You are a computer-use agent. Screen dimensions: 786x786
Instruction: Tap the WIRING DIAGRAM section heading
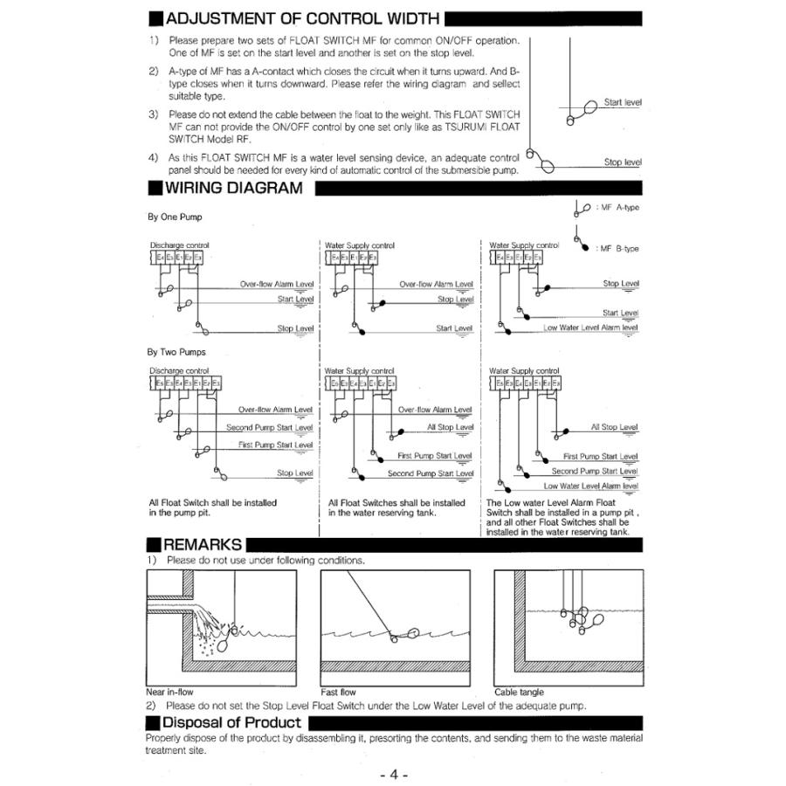[x=233, y=187]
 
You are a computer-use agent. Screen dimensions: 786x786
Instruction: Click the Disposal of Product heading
[x=231, y=722]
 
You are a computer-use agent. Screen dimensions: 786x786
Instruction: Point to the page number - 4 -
[x=394, y=775]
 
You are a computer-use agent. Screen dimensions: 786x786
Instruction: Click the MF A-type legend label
[x=618, y=208]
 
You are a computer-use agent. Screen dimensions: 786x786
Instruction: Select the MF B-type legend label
[x=619, y=249]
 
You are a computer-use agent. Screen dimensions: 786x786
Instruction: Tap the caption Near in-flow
[x=169, y=692]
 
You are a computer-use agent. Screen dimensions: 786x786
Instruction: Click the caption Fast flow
[x=339, y=692]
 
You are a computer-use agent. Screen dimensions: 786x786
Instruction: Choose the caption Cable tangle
[x=519, y=692]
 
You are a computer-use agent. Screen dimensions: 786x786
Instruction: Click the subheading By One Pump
[x=176, y=217]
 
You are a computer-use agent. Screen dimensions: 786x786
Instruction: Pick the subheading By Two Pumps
[x=177, y=353]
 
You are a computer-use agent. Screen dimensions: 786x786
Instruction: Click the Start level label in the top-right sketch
[x=622, y=103]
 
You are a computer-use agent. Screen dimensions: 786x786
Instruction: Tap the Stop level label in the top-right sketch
[x=622, y=162]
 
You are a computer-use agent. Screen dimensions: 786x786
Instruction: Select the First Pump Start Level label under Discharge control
[x=275, y=445]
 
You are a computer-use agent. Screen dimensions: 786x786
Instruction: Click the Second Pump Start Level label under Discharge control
[x=269, y=428]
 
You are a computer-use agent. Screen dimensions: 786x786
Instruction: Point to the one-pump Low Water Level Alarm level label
[x=590, y=328]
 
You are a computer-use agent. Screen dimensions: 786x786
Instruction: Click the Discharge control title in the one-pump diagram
[x=180, y=245]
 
